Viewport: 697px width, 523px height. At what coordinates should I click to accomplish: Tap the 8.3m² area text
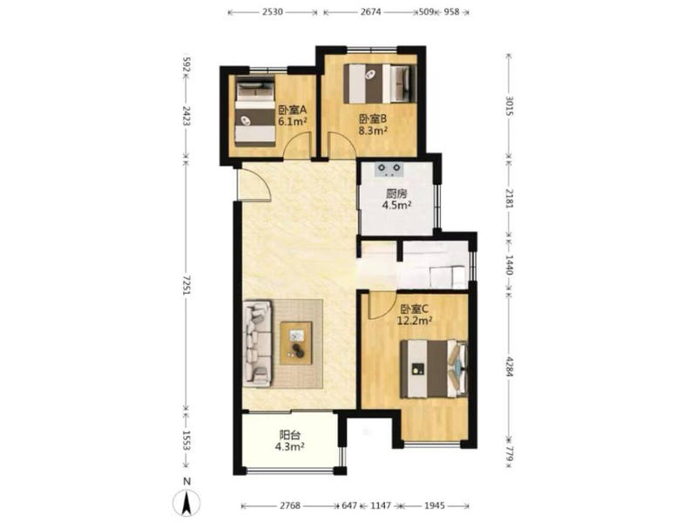pyautogui.click(x=373, y=130)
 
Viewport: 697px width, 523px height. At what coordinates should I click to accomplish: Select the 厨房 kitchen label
pyautogui.click(x=396, y=194)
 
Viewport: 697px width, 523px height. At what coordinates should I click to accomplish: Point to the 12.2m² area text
pyautogui.click(x=415, y=320)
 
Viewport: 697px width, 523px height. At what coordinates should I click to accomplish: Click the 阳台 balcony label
pyautogui.click(x=289, y=434)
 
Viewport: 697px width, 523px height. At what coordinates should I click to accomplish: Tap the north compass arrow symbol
pyautogui.click(x=187, y=502)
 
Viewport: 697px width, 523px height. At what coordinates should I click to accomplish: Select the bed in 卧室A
pyautogui.click(x=254, y=112)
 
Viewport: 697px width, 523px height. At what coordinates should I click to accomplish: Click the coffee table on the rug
pyautogui.click(x=296, y=343)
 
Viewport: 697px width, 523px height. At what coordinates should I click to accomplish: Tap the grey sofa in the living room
pyautogui.click(x=257, y=343)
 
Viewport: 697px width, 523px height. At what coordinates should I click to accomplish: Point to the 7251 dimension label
pyautogui.click(x=186, y=286)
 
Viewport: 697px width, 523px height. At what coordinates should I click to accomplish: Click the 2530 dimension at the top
pyautogui.click(x=273, y=12)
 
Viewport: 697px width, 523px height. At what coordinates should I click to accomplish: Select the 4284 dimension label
pyautogui.click(x=510, y=366)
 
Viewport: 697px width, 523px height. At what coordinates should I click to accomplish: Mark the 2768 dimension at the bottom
pyautogui.click(x=290, y=506)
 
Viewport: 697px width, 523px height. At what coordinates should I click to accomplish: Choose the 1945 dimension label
pyautogui.click(x=434, y=506)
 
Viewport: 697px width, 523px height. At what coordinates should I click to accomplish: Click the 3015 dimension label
pyautogui.click(x=510, y=105)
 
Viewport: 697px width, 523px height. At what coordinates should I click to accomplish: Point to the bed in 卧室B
pyautogui.click(x=381, y=83)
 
